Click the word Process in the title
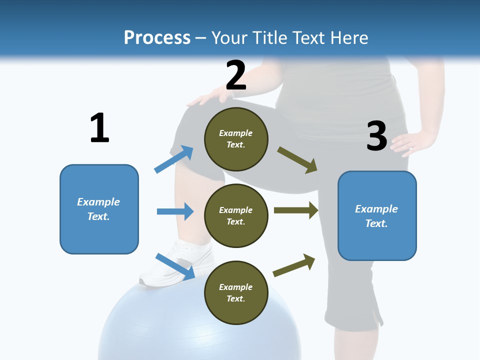(157, 37)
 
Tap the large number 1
(99, 128)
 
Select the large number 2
(235, 75)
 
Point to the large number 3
(376, 136)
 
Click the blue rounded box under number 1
(99, 209)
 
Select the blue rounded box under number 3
(377, 215)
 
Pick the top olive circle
(236, 139)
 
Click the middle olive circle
(236, 215)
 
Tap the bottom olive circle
(236, 292)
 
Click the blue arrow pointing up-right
(174, 159)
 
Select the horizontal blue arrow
(175, 211)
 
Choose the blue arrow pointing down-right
(175, 265)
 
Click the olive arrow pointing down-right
(298, 159)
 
